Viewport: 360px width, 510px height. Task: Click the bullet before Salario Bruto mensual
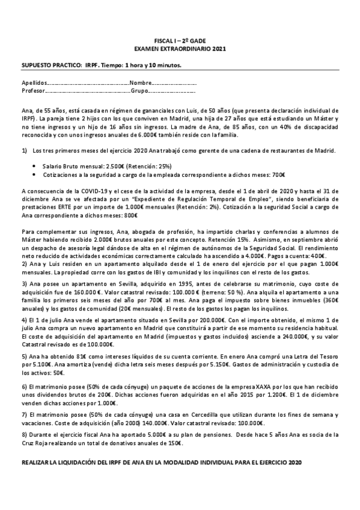(x=36, y=165)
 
